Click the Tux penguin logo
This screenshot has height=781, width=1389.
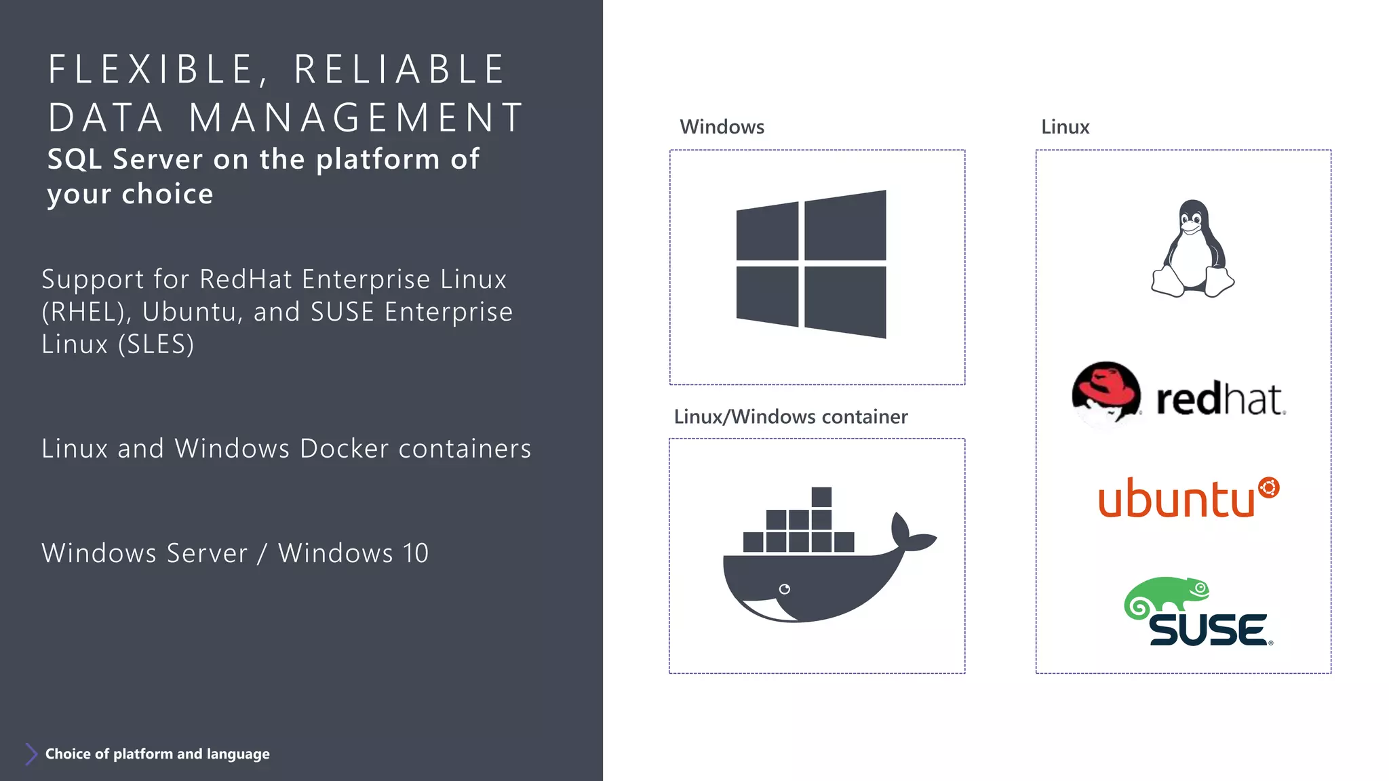[1193, 249]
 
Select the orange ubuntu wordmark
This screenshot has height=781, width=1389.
[1177, 499]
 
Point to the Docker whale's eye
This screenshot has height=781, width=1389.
[785, 589]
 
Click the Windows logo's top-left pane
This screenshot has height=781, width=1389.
[767, 232]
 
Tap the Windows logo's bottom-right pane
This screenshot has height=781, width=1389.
[845, 302]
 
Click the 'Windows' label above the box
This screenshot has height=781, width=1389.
[722, 127]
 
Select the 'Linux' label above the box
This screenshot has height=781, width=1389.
[1065, 127]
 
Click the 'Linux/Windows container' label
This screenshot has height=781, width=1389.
[790, 416]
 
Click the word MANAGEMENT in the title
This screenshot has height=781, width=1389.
[356, 117]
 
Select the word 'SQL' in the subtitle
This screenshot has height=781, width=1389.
[75, 159]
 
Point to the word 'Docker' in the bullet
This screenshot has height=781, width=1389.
[344, 449]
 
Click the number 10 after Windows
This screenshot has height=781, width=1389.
[416, 553]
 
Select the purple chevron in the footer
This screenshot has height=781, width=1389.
[31, 754]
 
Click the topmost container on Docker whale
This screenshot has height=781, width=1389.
[821, 497]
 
